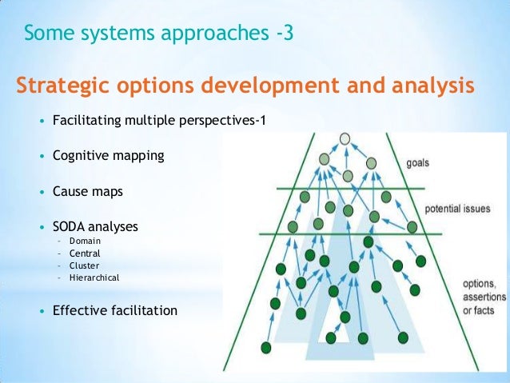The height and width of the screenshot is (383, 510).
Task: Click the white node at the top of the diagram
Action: (x=345, y=138)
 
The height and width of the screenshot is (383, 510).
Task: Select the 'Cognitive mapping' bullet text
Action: (x=108, y=156)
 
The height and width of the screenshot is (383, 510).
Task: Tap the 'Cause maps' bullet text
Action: (x=88, y=192)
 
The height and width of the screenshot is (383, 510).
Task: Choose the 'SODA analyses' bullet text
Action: (x=95, y=227)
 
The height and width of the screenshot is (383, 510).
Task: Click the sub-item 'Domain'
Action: (x=86, y=241)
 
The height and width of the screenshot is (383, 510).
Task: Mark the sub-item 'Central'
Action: (x=85, y=253)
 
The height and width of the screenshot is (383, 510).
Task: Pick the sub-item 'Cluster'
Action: (x=85, y=265)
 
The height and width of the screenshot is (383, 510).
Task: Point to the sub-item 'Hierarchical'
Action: (x=94, y=277)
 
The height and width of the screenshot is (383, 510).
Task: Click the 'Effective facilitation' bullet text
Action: (x=115, y=310)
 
